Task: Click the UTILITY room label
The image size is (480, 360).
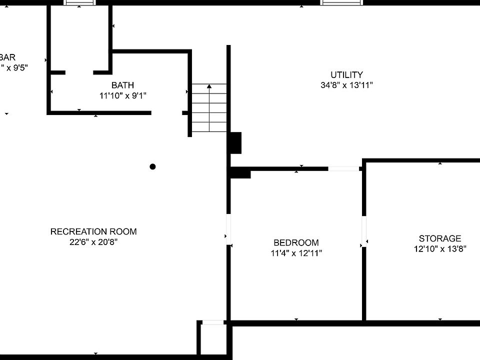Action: pos(346,75)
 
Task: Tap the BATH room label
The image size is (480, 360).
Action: pos(122,85)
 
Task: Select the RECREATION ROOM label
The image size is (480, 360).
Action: pos(93,231)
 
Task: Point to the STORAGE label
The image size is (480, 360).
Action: pos(440,238)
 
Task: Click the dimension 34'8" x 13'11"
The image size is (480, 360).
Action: pos(346,85)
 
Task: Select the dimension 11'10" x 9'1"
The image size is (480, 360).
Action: pos(122,95)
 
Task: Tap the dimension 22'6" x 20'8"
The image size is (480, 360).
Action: pos(93,242)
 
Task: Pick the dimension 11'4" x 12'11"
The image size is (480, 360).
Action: pos(296,253)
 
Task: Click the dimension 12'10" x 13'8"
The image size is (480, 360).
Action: pos(440,249)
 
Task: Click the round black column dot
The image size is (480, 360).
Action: pos(153,166)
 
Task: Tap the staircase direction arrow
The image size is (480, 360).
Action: pos(209,87)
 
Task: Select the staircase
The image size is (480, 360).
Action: pos(209,108)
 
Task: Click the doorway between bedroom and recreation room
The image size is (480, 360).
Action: pos(228,229)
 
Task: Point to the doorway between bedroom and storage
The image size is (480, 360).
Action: pos(364,232)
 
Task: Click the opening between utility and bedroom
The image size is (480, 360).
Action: pos(343,169)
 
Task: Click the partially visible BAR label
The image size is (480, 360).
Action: pos(8,57)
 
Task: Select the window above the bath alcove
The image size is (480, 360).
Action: pos(79,2)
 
